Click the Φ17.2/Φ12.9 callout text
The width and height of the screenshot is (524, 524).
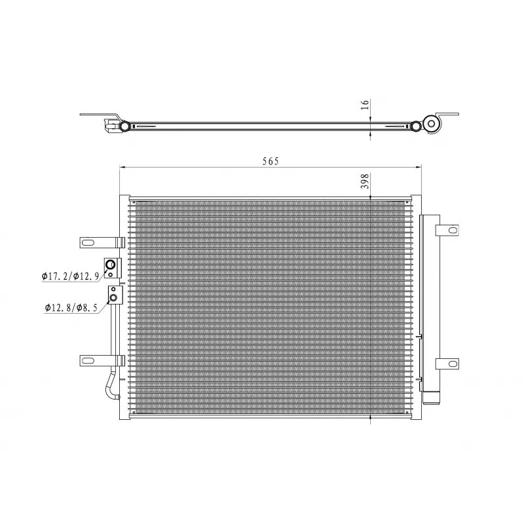pos(70,276)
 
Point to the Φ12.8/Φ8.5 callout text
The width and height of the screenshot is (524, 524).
pos(72,307)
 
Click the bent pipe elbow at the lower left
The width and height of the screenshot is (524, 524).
pos(108,386)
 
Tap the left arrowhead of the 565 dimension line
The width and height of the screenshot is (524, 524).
pos(122,168)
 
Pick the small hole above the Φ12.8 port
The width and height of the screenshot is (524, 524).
pos(113,289)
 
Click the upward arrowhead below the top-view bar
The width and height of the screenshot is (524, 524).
pos(371,133)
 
